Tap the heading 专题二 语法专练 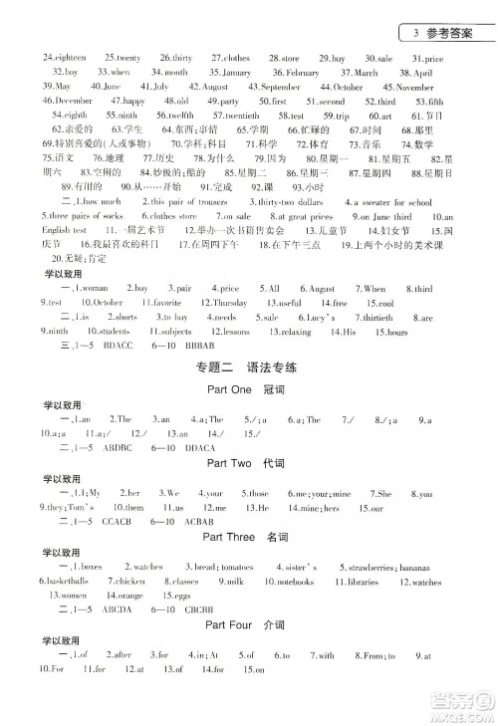pyautogui.click(x=248, y=371)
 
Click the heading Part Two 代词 pyautogui.click(x=248, y=464)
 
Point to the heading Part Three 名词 pyautogui.click(x=248, y=537)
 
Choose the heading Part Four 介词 pyautogui.click(x=248, y=627)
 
